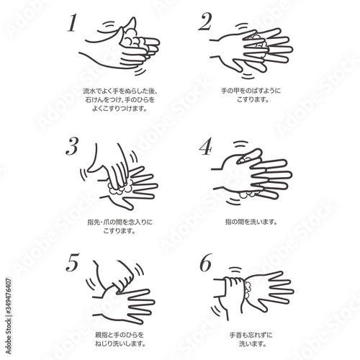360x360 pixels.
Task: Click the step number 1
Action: pos(72,23)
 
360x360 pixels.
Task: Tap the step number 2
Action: pos(204,22)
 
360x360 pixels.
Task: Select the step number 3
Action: pos(72,146)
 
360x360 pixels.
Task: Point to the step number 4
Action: pos(206,146)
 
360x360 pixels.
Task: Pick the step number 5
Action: pos(72,262)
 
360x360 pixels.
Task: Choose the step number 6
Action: pos(206,262)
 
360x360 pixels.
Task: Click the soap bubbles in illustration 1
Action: pos(132,38)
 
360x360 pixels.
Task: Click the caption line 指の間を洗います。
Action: pos(251,222)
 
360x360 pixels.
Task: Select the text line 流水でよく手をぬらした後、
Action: pos(120,91)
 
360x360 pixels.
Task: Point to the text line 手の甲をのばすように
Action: pos(251,91)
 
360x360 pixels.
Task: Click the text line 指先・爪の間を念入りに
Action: pos(120,222)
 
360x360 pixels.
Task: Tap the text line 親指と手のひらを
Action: pos(120,335)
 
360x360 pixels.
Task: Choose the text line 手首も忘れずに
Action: pos(251,335)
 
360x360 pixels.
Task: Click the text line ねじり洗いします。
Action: pos(120,343)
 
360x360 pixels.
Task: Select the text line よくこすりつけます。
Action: pos(120,109)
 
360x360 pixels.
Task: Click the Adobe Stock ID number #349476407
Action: pos(8,296)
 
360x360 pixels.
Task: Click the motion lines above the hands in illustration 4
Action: pos(240,144)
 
